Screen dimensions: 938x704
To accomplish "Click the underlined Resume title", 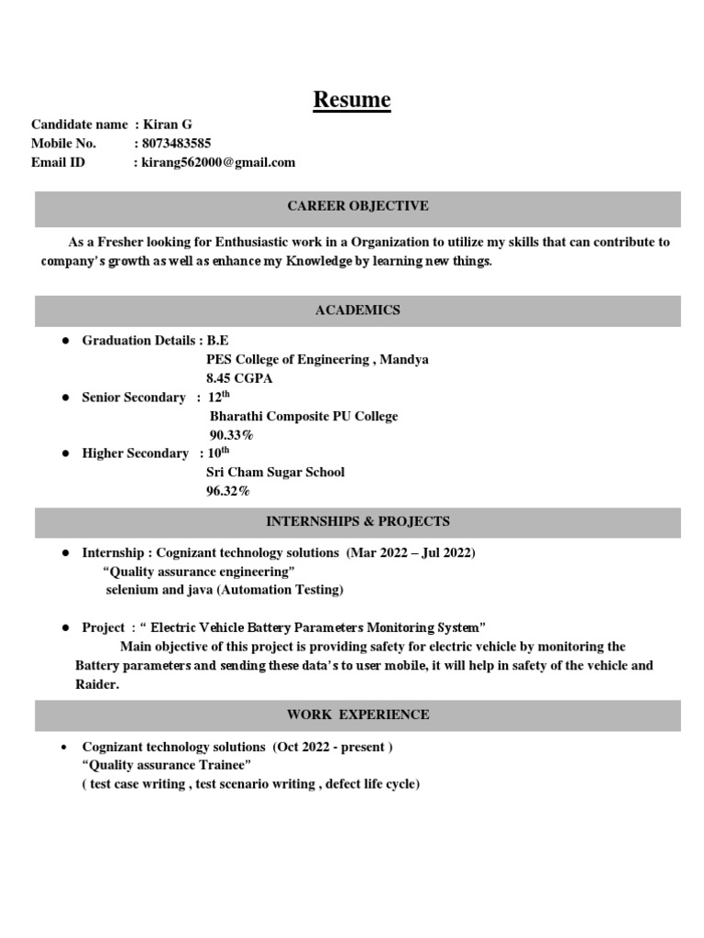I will [351, 99].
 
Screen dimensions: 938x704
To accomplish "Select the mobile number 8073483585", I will [177, 143].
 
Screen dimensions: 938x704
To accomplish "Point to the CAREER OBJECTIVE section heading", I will [357, 206].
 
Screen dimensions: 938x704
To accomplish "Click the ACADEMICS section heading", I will [357, 311].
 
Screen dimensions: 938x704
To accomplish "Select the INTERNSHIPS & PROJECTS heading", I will [357, 521].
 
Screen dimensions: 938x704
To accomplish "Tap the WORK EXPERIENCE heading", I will [357, 714].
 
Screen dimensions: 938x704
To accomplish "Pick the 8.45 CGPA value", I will [239, 377].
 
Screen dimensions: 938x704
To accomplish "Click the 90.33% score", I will [231, 435].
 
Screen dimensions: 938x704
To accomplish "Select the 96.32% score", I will [227, 492].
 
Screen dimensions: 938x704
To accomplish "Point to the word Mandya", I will [404, 359].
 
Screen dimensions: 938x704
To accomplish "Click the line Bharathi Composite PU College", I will [303, 416].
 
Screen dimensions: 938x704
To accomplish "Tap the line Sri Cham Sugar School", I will [275, 473].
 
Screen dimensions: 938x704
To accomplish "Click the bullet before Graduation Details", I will [66, 341].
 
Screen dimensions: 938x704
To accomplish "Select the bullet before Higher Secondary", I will [66, 454].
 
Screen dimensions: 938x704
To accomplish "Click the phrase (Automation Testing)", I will [280, 590].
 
